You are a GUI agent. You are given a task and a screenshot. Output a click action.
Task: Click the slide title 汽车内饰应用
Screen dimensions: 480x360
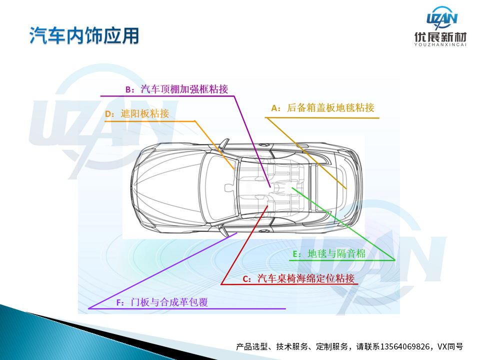click(x=84, y=35)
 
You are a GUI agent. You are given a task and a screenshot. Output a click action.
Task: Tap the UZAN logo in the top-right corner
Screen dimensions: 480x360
click(x=441, y=18)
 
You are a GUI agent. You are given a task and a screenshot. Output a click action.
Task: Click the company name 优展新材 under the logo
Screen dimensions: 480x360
click(x=440, y=37)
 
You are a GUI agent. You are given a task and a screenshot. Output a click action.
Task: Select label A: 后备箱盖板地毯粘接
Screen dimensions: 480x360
click(x=322, y=108)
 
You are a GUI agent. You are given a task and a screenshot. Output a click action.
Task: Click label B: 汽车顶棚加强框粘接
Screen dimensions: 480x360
click(x=176, y=89)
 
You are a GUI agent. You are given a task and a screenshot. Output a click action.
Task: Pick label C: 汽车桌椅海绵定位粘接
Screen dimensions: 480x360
click(x=298, y=278)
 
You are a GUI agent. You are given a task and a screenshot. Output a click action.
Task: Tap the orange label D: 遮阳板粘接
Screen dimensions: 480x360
click(x=137, y=113)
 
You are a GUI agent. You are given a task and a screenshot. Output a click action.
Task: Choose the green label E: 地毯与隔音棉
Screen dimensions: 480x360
click(x=329, y=253)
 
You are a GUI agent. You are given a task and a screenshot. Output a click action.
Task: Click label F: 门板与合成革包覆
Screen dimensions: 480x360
click(x=162, y=302)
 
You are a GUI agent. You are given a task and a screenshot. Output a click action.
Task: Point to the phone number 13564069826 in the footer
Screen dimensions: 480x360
click(x=404, y=346)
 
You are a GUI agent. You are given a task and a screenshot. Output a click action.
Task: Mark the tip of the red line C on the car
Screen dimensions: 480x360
click(x=267, y=206)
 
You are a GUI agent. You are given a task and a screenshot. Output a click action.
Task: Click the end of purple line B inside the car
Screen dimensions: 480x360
click(x=270, y=187)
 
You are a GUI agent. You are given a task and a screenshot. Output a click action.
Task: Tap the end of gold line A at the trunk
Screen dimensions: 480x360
click(x=346, y=189)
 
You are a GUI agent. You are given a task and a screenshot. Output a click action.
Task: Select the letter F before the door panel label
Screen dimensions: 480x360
click(x=119, y=303)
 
